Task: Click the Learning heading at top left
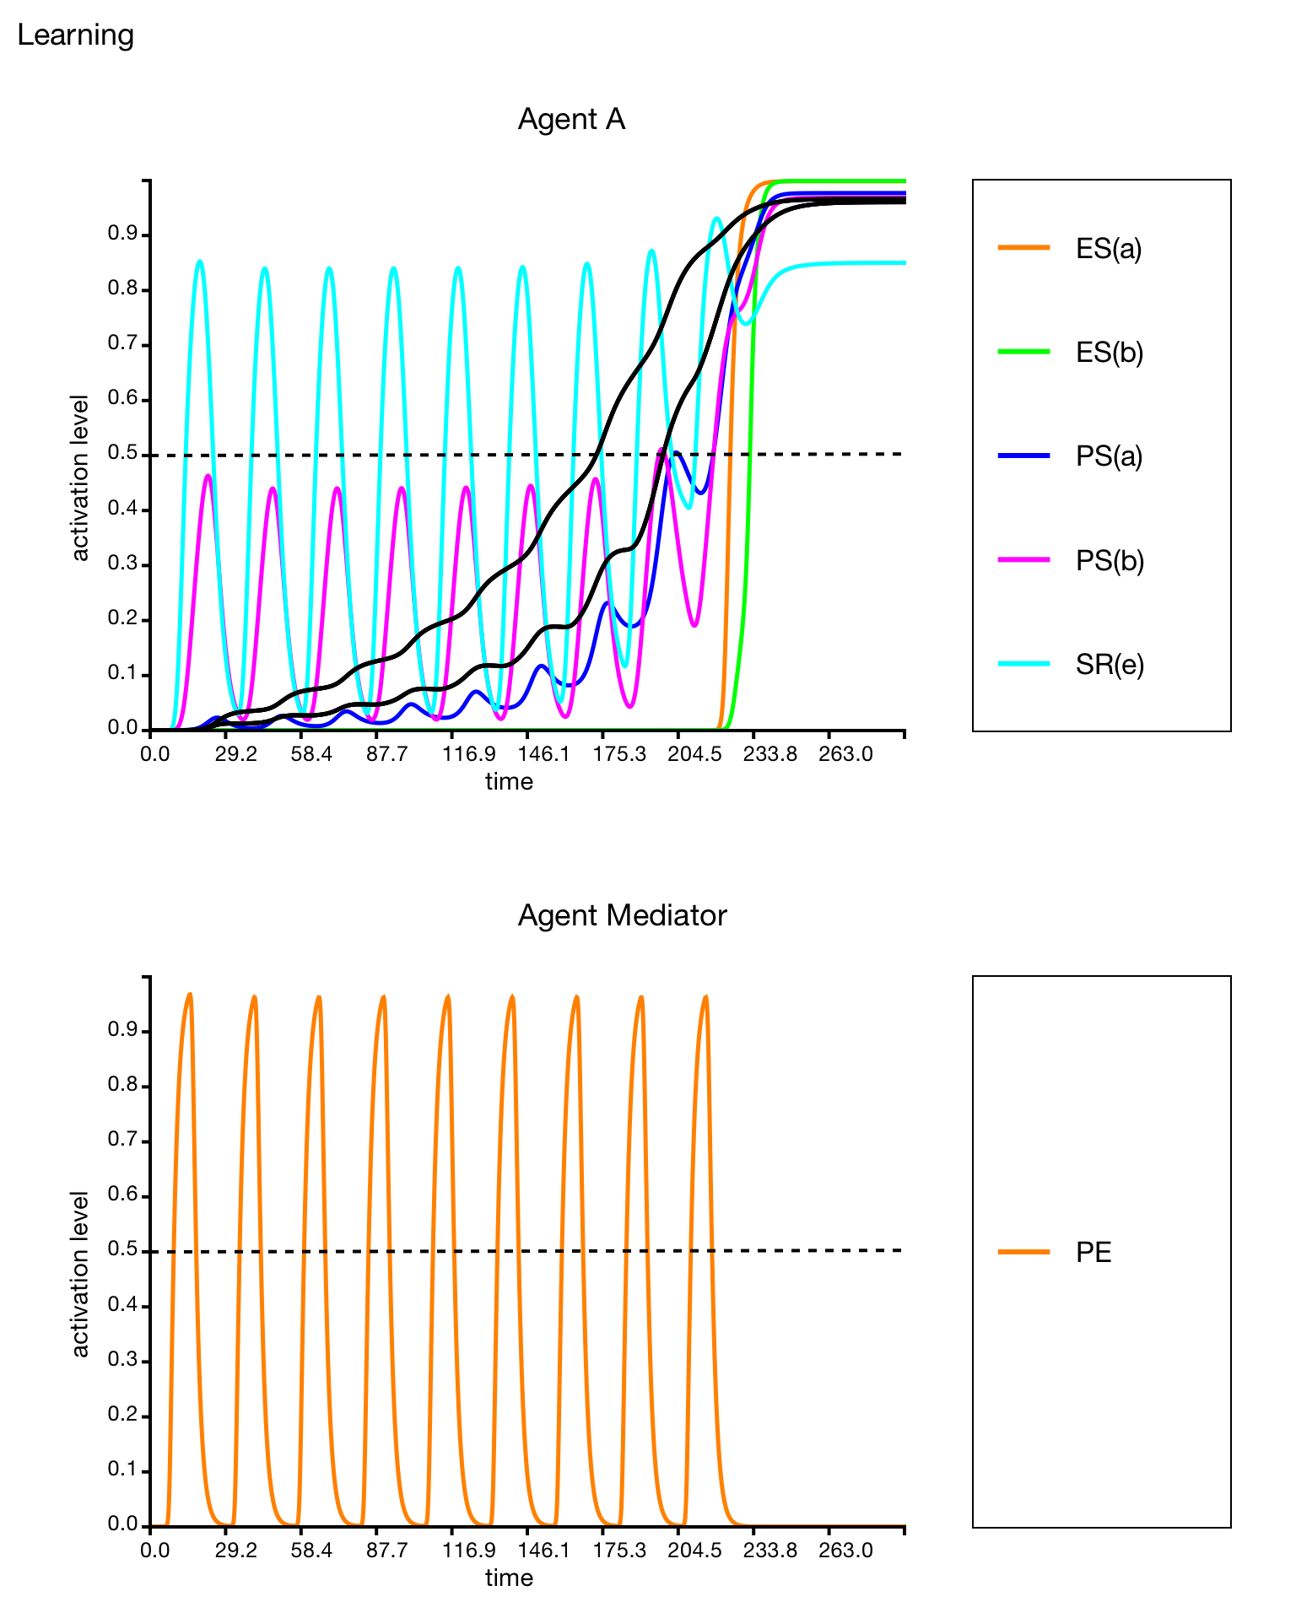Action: [x=75, y=35]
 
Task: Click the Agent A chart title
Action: [x=571, y=120]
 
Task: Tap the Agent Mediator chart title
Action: [x=622, y=916]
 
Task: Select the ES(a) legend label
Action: [x=1109, y=249]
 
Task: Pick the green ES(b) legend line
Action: [x=1023, y=352]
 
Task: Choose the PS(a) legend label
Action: [x=1109, y=456]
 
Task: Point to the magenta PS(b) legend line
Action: [x=1023, y=560]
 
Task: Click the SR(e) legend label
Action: [x=1110, y=665]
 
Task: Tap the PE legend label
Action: [x=1093, y=1253]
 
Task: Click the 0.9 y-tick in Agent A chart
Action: [x=122, y=235]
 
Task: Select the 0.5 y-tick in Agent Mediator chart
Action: [x=122, y=1251]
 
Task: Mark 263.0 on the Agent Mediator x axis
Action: [x=845, y=1551]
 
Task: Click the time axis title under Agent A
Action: [x=509, y=782]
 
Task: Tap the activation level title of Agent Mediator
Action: [x=80, y=1274]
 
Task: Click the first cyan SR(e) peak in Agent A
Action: [x=199, y=262]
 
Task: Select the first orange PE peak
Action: [x=190, y=995]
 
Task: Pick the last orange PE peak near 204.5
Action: [x=705, y=997]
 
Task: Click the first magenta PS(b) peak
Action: [x=208, y=476]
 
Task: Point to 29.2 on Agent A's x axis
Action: [x=235, y=753]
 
